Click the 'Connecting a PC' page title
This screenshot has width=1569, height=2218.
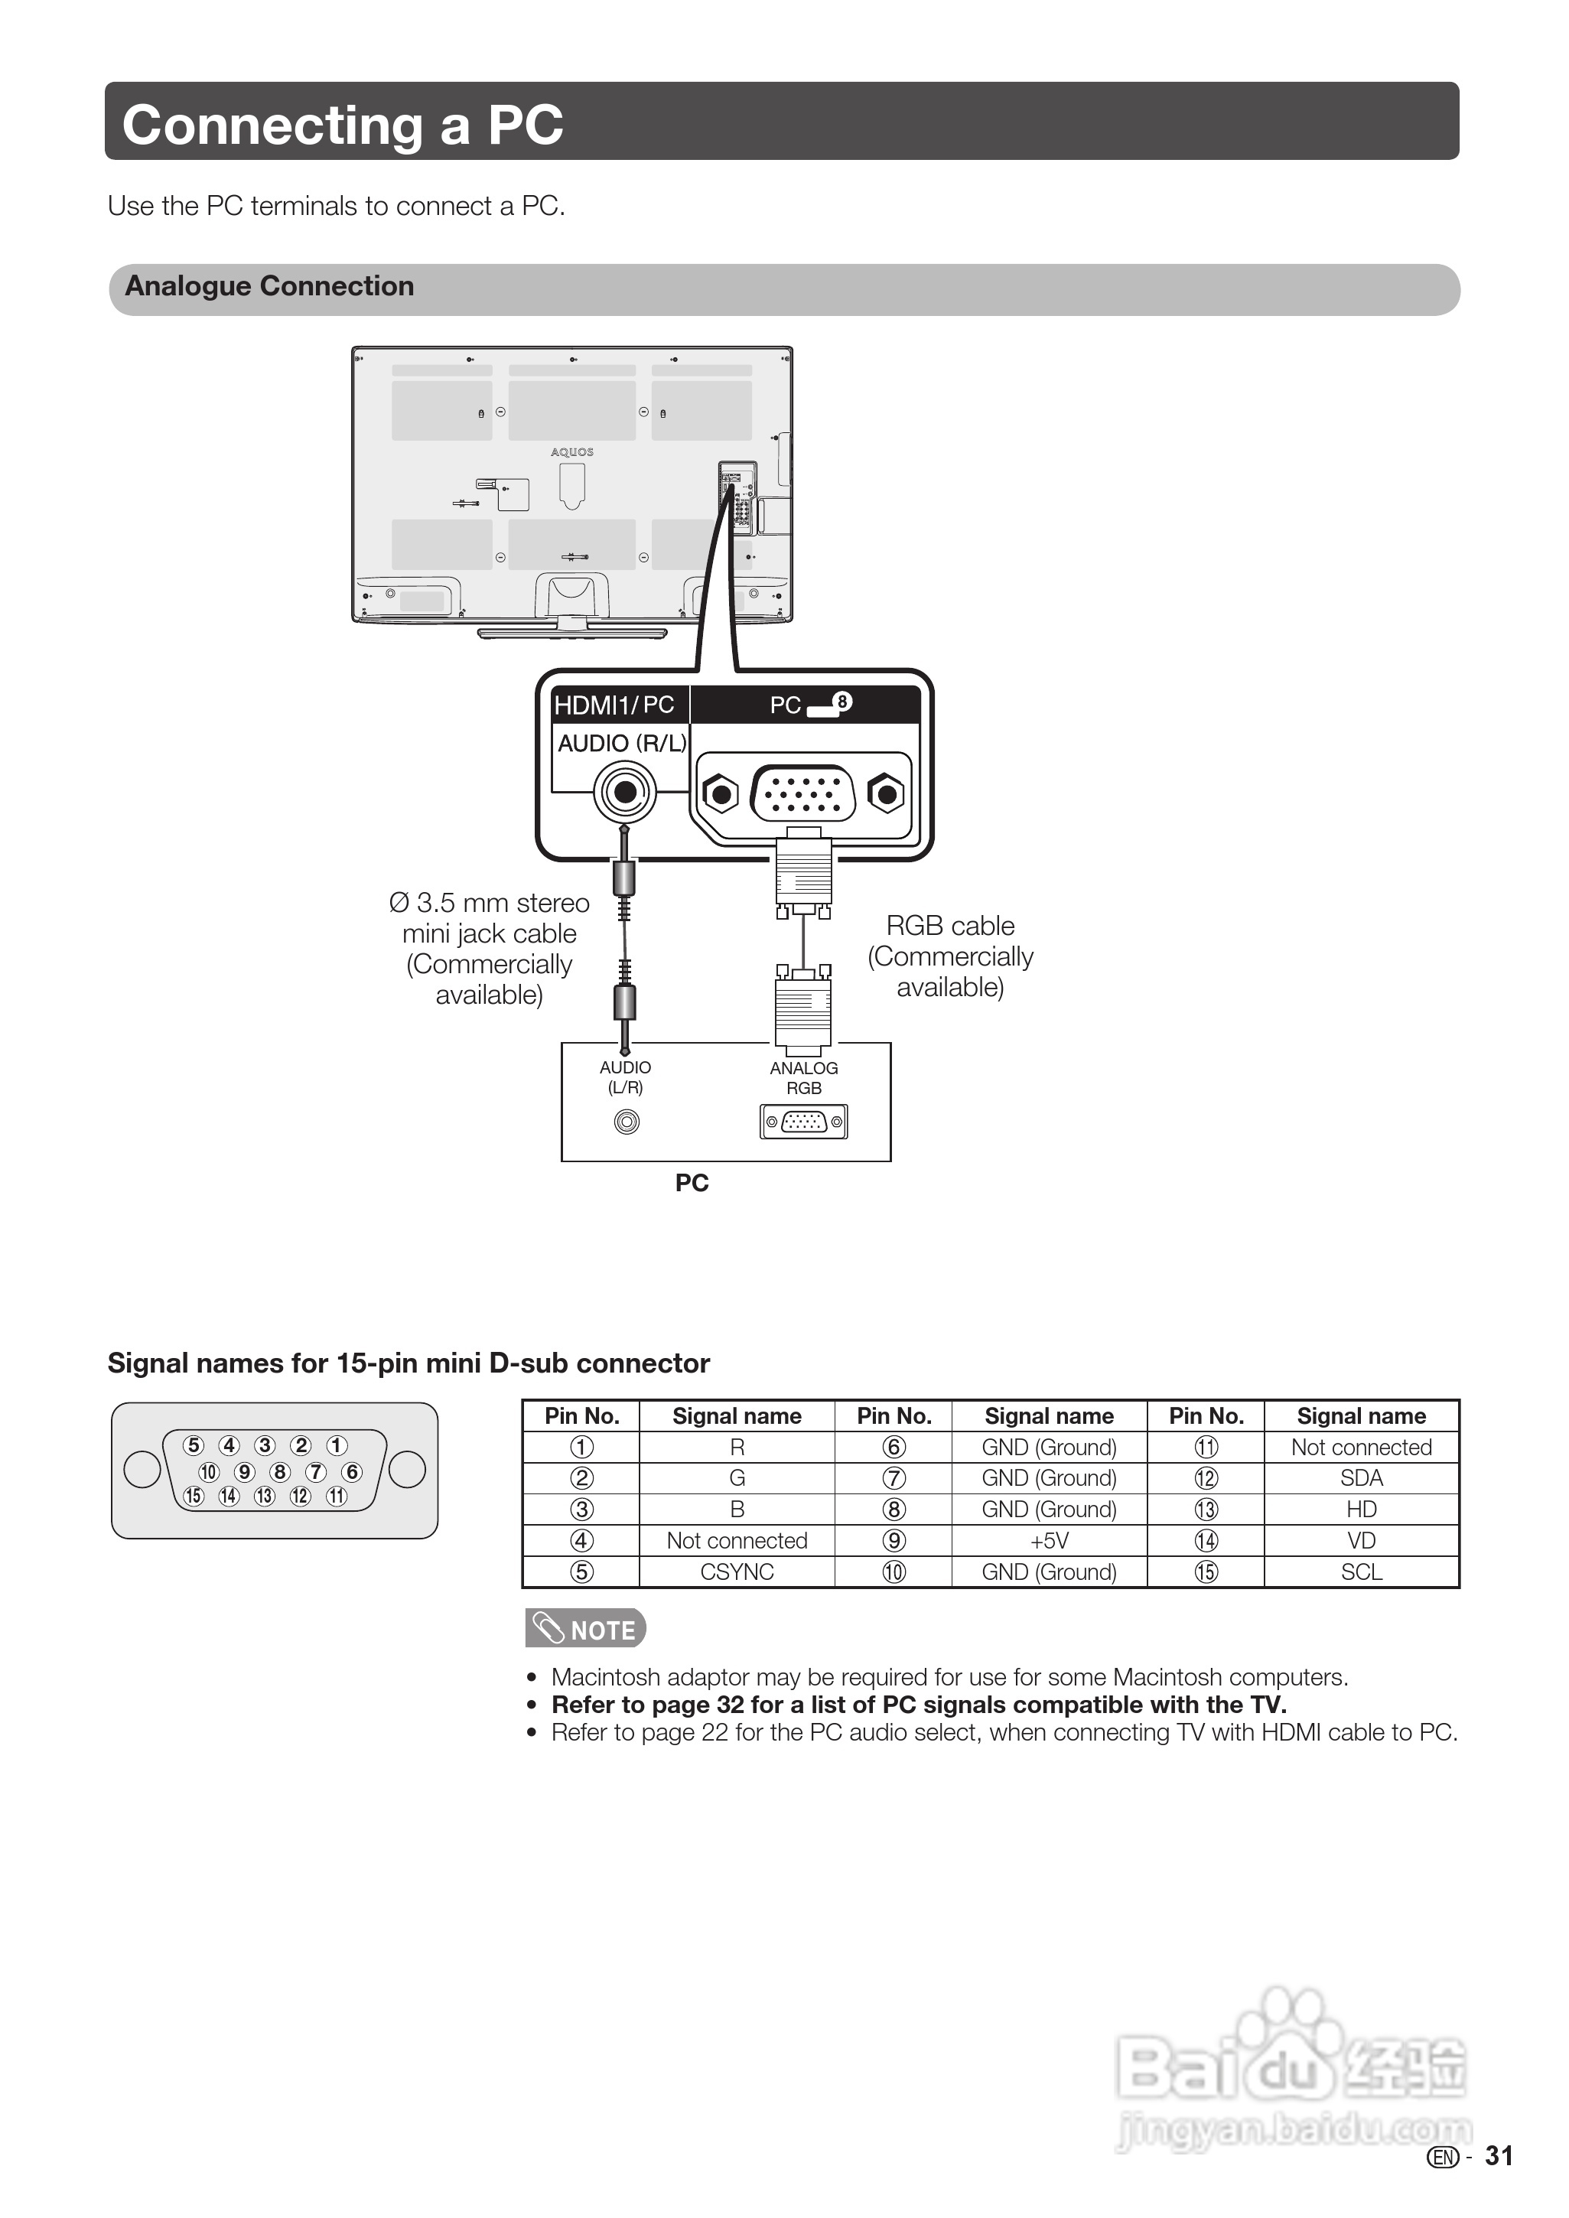click(342, 125)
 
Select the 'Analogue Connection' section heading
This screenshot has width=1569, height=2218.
click(269, 287)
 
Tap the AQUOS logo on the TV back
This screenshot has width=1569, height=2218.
click(572, 452)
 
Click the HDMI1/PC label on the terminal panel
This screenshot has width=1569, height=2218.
click(614, 705)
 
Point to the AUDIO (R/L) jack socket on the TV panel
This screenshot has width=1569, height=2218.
click(625, 793)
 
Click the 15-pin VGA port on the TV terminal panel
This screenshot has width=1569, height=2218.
click(802, 794)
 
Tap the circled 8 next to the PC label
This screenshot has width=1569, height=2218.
click(842, 702)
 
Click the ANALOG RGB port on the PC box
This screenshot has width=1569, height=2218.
click(804, 1122)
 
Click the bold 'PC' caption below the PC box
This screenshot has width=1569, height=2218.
click(692, 1184)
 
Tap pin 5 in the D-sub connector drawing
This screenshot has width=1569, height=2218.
click(194, 1445)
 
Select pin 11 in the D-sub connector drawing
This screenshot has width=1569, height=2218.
click(337, 1497)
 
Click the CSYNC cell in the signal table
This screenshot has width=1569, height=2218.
click(737, 1571)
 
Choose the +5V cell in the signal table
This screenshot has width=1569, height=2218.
click(1050, 1541)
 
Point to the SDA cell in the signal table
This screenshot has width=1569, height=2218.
click(1361, 1478)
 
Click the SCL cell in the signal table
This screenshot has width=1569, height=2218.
click(1361, 1571)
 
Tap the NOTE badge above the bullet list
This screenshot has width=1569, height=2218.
click(585, 1629)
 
